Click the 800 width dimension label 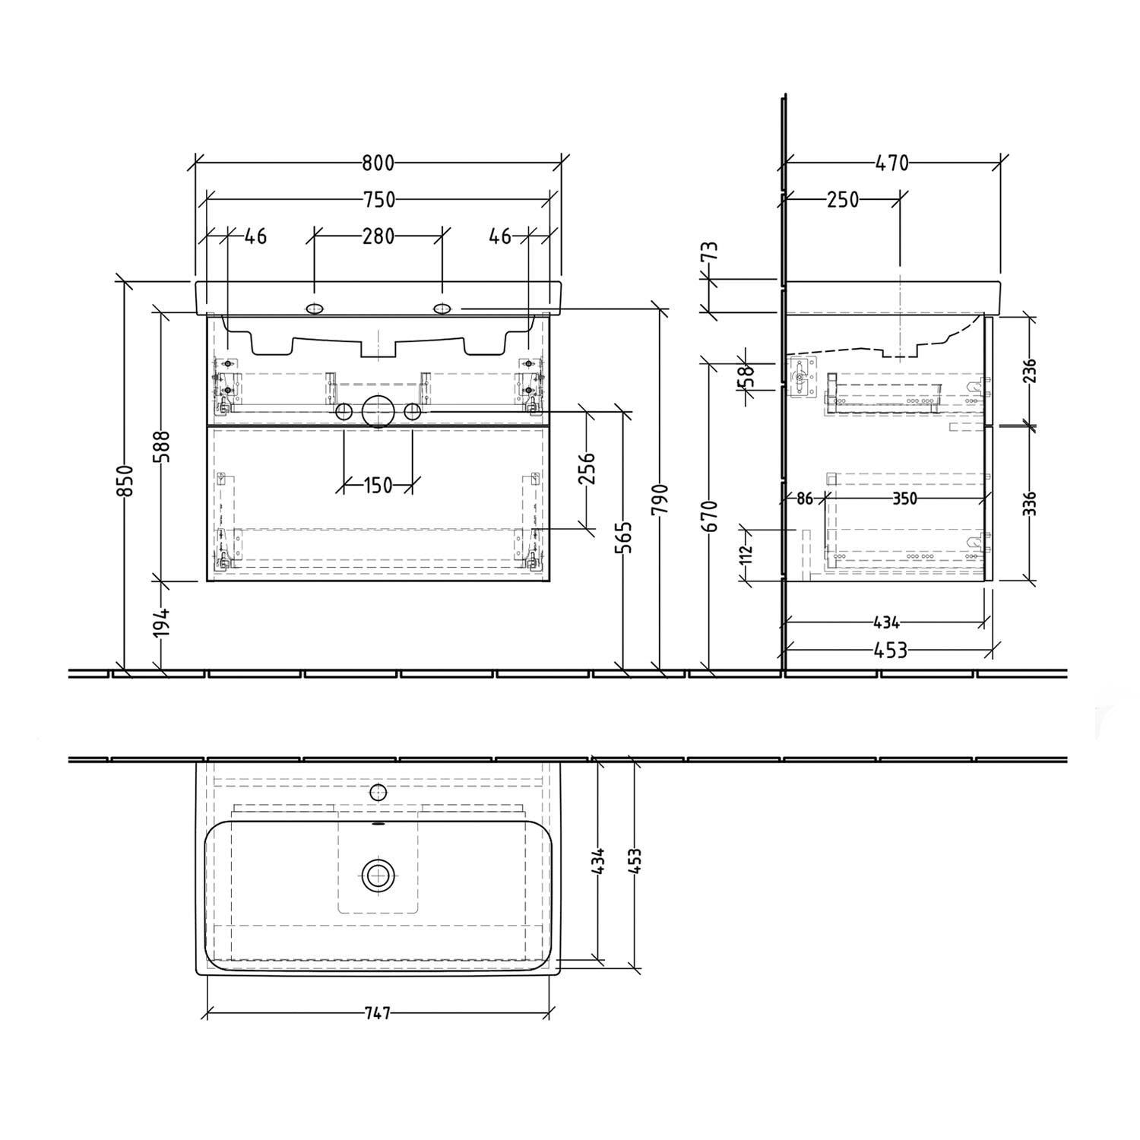coord(378,163)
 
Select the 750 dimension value coord(378,200)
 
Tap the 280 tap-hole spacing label coord(378,236)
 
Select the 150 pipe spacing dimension coord(378,485)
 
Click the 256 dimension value coord(588,468)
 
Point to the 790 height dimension coord(662,499)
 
